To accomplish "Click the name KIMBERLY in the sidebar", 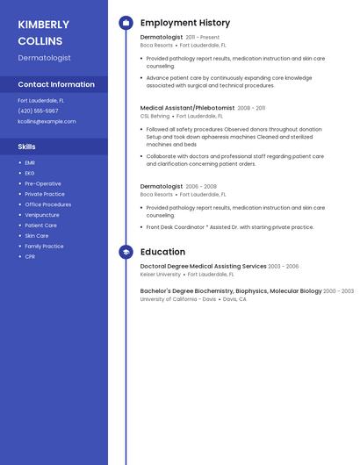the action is [x=43, y=25].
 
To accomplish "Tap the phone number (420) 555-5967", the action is [x=38, y=111].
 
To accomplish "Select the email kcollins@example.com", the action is [x=47, y=121].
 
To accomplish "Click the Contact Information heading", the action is [x=56, y=84].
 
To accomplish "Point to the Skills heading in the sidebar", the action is [x=27, y=147].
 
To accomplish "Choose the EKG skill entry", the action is [x=30, y=173].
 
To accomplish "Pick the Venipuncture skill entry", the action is [x=42, y=215].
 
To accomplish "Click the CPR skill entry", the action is [x=30, y=257].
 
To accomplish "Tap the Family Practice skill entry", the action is [x=44, y=247].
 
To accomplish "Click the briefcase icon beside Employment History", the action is [x=126, y=23].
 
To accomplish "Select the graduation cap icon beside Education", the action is [x=126, y=252].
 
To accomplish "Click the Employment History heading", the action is [x=185, y=23].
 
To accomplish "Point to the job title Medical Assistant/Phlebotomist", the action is [x=187, y=108].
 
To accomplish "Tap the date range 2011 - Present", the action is [x=203, y=38].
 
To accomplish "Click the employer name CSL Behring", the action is [x=155, y=116].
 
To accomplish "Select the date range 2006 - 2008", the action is [x=201, y=187].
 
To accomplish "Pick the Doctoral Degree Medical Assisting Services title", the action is [x=203, y=266].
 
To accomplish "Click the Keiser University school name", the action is [x=161, y=274].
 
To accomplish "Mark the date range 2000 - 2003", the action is [x=338, y=291].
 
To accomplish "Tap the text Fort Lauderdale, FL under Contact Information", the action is [x=40, y=100].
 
